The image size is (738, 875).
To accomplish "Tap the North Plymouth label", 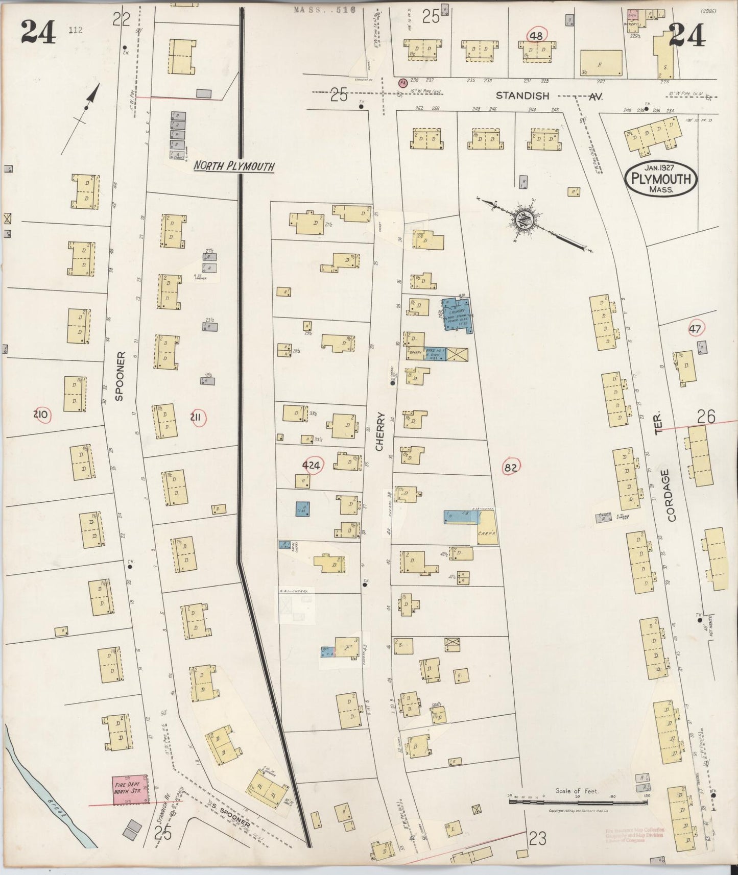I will click(234, 166).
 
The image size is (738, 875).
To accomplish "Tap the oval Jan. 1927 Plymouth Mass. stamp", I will click(660, 179).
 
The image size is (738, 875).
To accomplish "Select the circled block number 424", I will click(311, 465).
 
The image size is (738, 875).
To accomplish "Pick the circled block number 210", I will click(40, 415).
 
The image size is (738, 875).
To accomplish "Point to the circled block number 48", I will click(536, 35).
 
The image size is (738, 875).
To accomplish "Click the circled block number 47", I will click(695, 329).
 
